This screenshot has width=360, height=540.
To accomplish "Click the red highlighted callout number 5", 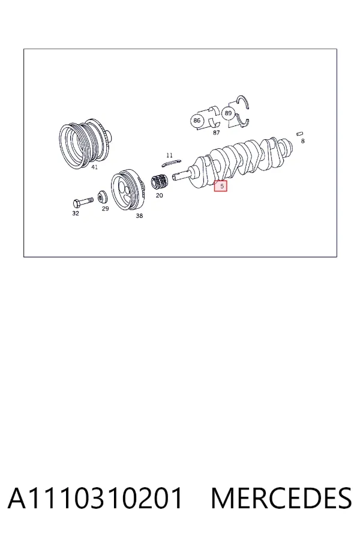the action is [x=220, y=186].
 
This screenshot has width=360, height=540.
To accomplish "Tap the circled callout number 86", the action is [x=197, y=121].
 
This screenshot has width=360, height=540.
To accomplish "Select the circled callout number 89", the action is [x=228, y=113].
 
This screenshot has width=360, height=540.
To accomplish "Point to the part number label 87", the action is [x=216, y=133].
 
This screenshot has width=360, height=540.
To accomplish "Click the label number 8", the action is [x=303, y=141].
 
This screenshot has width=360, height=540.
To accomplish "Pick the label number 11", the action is [x=169, y=155].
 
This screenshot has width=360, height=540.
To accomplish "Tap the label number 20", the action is [x=159, y=195].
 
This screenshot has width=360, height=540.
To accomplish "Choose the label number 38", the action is [x=139, y=215].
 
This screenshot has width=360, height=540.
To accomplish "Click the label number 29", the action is [x=106, y=208].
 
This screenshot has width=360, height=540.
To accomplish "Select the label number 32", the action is [x=76, y=213].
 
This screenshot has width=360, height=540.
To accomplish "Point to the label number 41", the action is [x=94, y=167].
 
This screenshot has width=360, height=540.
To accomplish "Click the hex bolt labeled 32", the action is [x=83, y=202].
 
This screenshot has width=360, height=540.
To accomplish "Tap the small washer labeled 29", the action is [x=103, y=197].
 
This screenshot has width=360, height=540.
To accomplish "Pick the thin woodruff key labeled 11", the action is [x=171, y=162].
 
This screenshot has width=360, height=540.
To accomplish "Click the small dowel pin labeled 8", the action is [x=300, y=134].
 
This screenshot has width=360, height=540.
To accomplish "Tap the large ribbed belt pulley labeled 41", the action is [x=85, y=143].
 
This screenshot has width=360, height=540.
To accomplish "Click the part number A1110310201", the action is [x=95, y=498].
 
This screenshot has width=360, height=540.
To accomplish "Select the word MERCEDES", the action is [x=281, y=498].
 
